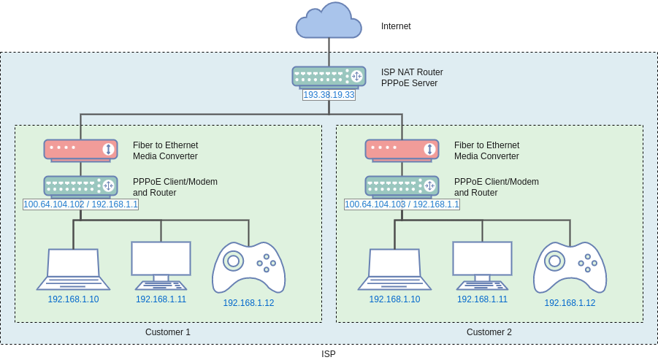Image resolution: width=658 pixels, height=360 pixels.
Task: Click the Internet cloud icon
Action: [329, 21]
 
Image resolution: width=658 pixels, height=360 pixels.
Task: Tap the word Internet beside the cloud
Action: [396, 26]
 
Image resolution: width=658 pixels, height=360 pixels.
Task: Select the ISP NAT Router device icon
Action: [329, 77]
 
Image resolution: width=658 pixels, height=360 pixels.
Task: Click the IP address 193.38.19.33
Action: [329, 95]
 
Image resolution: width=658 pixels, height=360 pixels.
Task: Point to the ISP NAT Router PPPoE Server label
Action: [412, 77]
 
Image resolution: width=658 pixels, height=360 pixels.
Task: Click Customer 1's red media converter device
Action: [80, 150]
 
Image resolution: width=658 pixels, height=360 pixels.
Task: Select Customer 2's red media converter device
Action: [402, 150]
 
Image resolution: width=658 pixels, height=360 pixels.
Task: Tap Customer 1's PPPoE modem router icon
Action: [80, 186]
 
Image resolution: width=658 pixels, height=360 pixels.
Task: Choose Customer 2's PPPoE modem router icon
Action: [402, 186]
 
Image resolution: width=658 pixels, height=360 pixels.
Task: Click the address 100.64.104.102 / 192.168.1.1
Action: [80, 204]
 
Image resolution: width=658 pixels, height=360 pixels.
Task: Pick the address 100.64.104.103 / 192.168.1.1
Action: [402, 204]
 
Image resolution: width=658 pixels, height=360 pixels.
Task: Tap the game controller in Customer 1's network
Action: [248, 267]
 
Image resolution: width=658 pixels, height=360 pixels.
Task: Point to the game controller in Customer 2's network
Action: [570, 267]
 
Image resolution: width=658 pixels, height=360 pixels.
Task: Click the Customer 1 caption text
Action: [167, 332]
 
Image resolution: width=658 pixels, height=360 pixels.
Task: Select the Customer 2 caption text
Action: [489, 332]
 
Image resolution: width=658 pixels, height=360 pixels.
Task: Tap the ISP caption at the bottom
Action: [329, 354]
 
